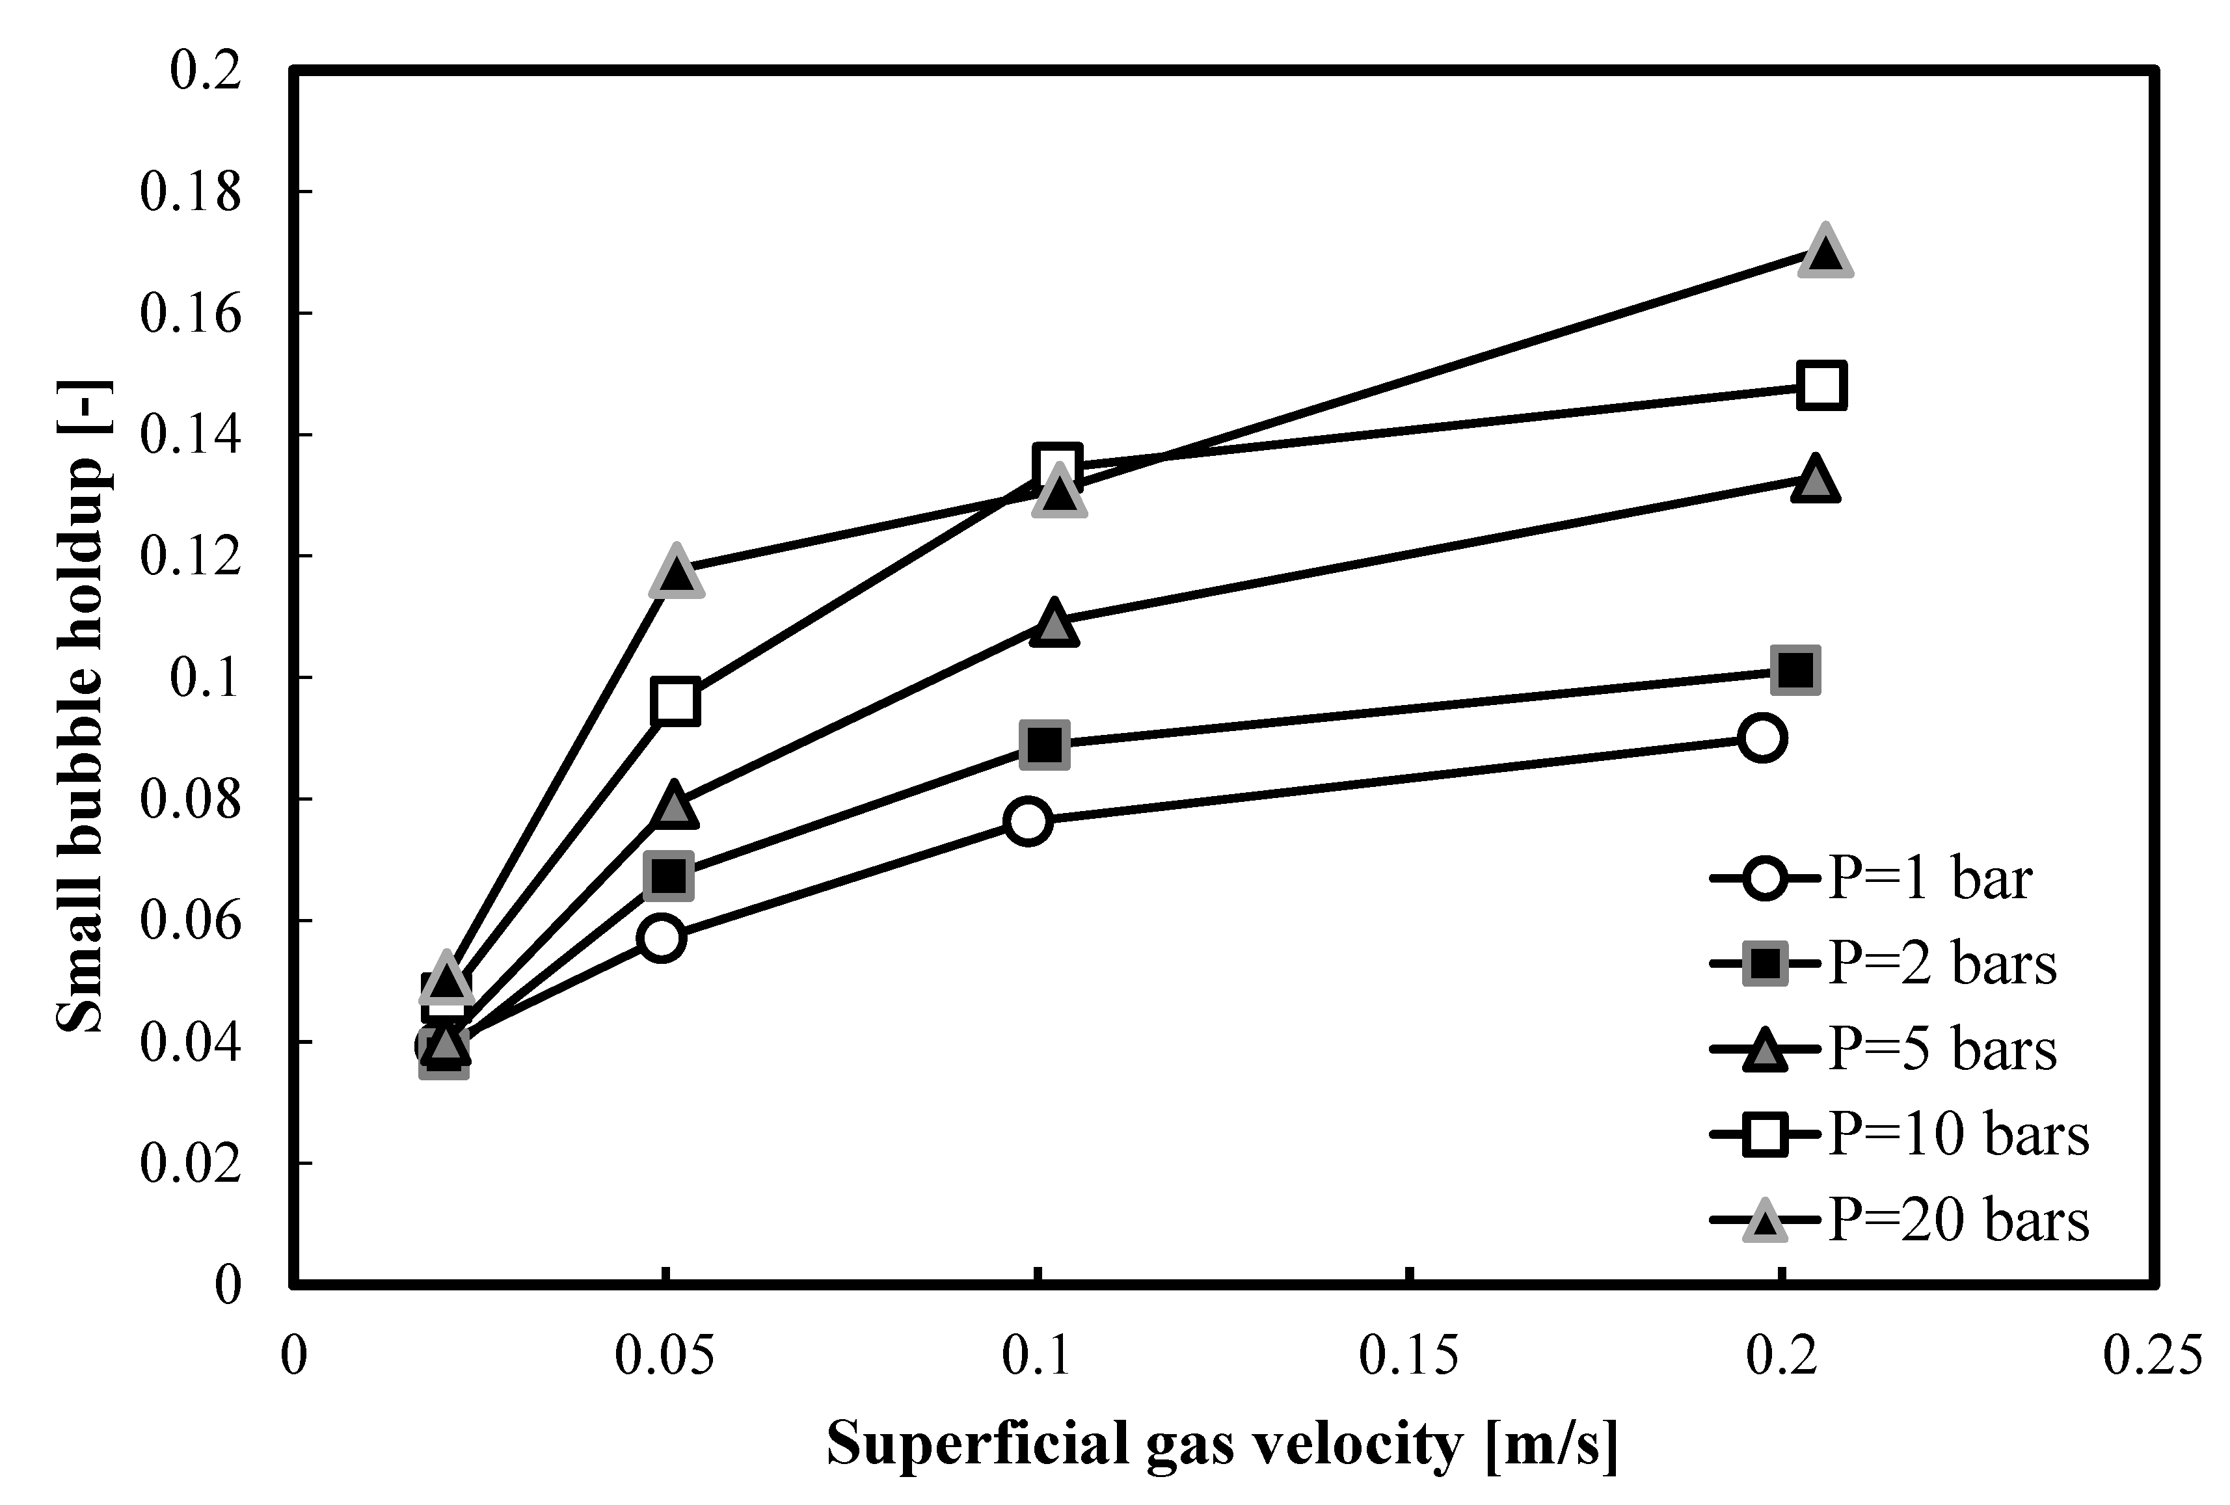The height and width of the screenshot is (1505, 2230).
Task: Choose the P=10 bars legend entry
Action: (x=1900, y=1135)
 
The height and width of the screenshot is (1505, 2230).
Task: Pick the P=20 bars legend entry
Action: (x=1900, y=1220)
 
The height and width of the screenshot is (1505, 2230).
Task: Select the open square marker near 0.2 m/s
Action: (x=1822, y=386)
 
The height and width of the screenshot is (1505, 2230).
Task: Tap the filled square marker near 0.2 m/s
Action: (x=1795, y=669)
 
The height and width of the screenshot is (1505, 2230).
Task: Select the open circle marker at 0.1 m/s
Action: (x=1028, y=821)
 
